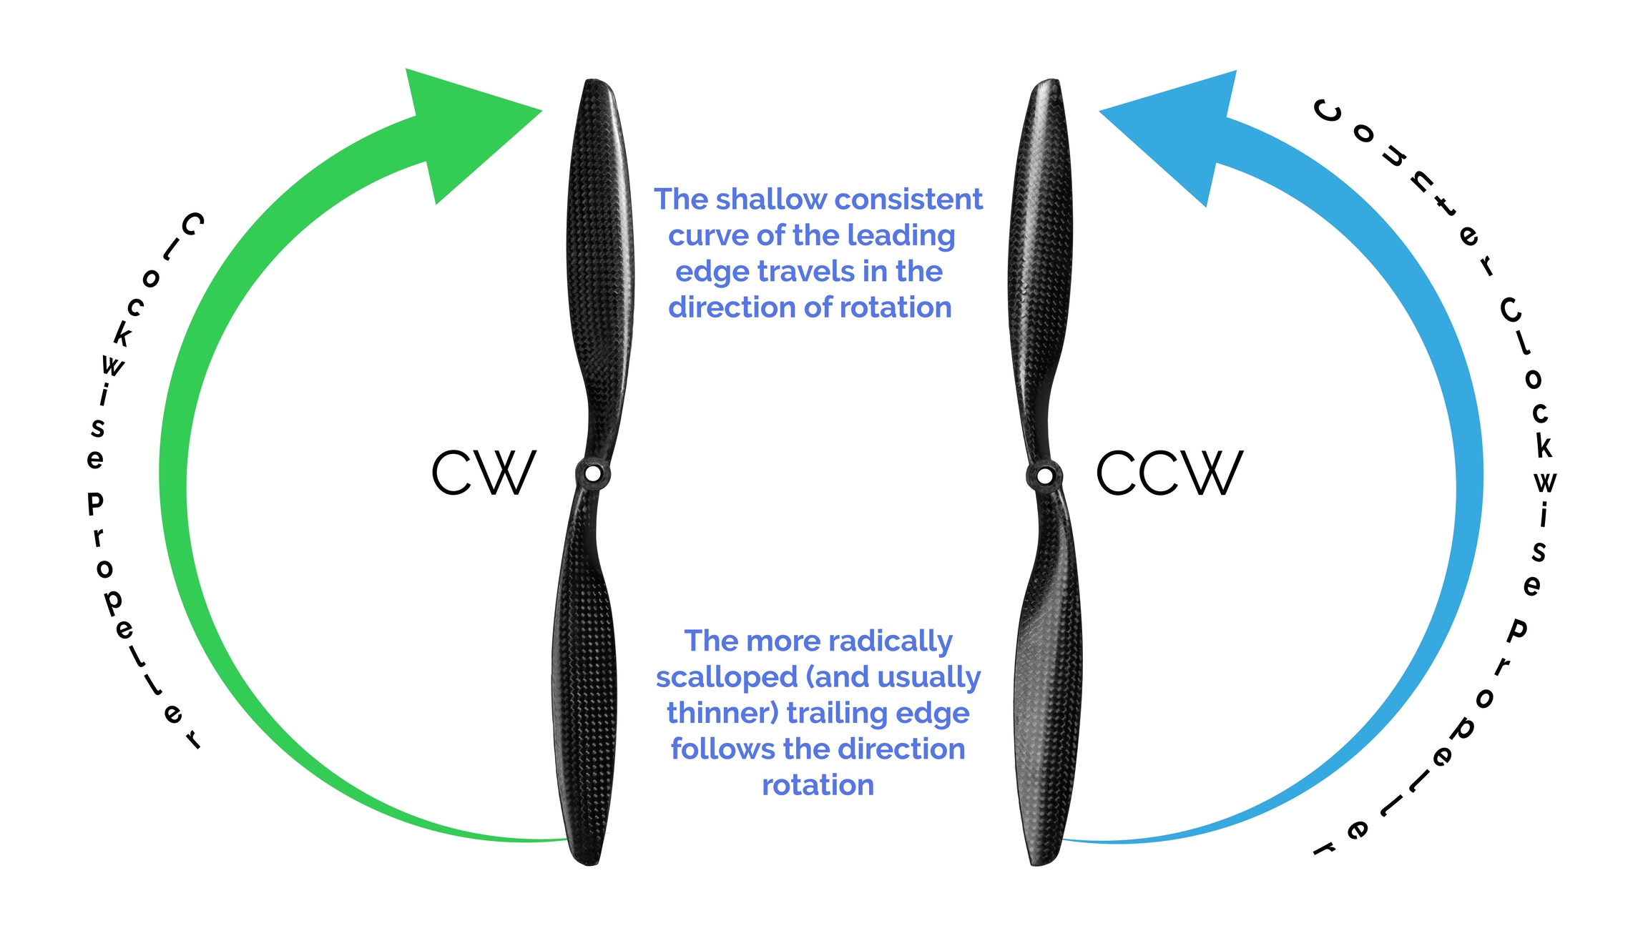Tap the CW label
484,473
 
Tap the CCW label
1169,473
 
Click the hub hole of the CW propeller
593,473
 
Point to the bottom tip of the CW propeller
588,862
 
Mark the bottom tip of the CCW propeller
1041,862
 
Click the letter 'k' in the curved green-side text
123,335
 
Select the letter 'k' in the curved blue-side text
1544,446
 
